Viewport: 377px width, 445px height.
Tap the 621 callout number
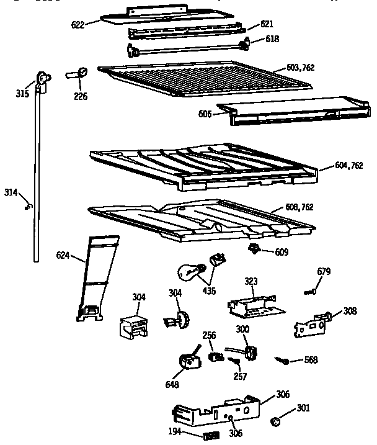click(267, 24)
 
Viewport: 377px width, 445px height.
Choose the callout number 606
click(205, 114)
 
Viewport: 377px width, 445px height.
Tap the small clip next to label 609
click(253, 249)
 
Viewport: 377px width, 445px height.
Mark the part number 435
click(209, 290)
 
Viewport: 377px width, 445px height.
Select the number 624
click(63, 255)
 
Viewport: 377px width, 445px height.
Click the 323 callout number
click(251, 281)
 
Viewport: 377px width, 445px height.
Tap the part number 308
click(350, 311)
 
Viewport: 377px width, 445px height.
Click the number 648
click(172, 385)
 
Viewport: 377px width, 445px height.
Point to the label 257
click(240, 377)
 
